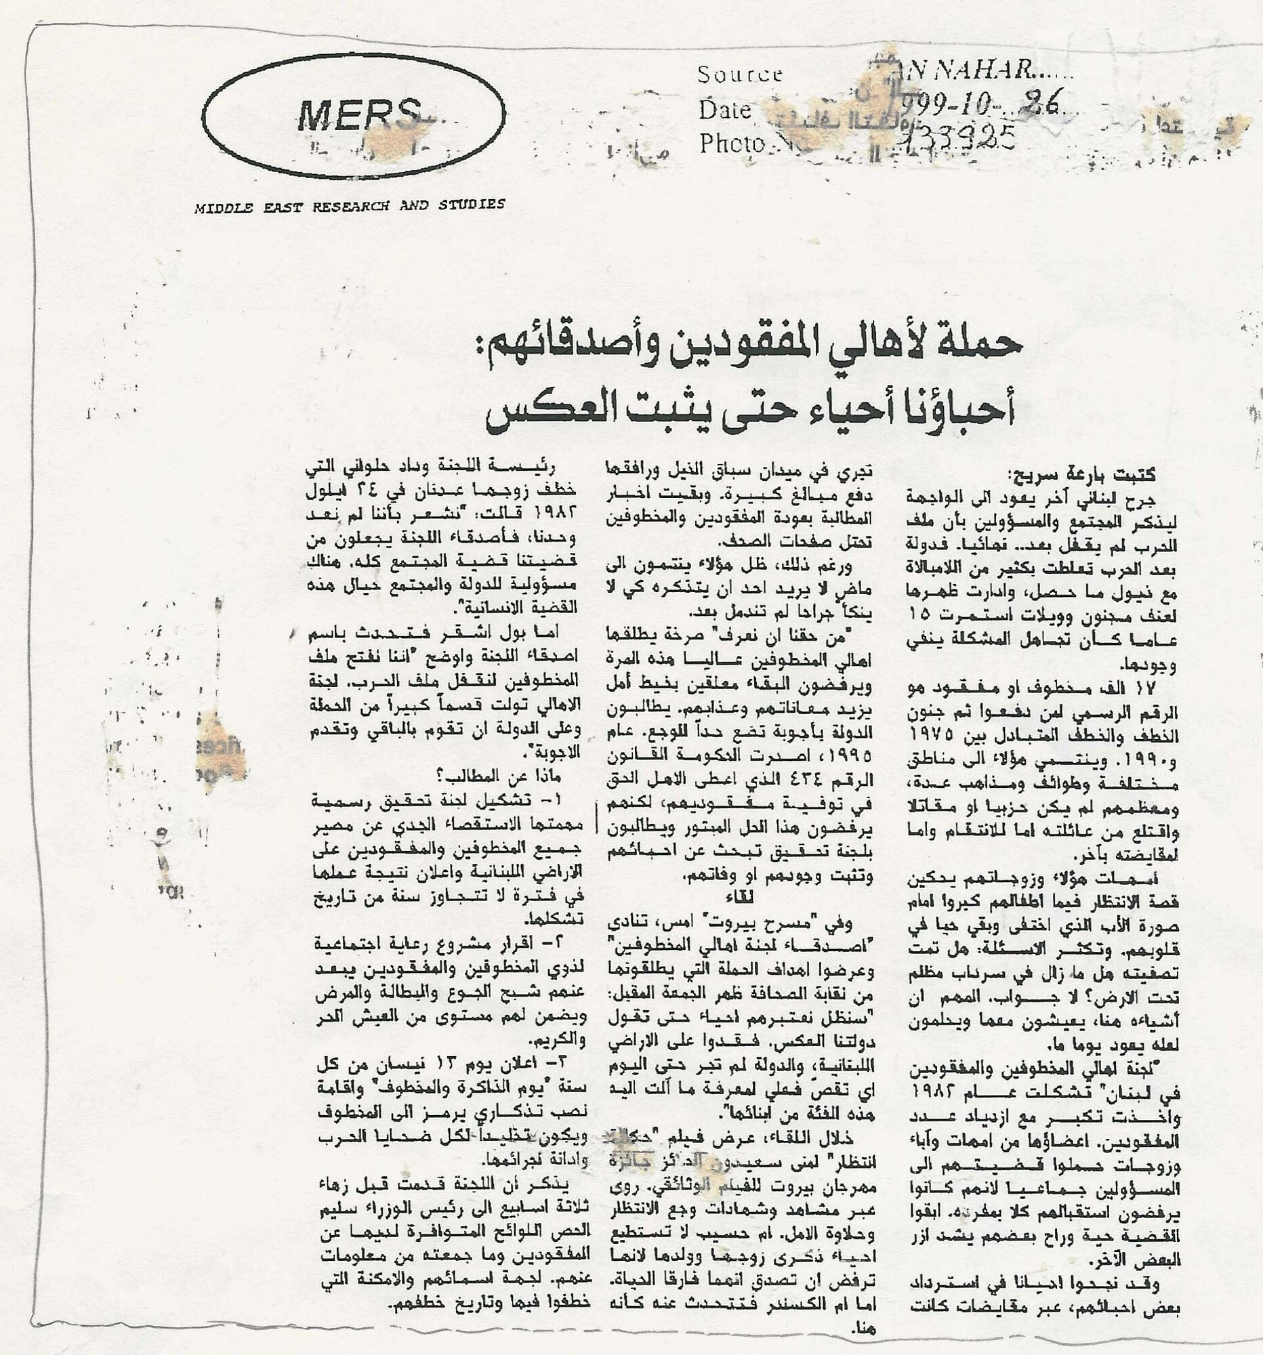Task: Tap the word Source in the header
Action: point(739,75)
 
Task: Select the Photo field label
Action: point(731,143)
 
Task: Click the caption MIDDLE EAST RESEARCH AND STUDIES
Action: point(350,205)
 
